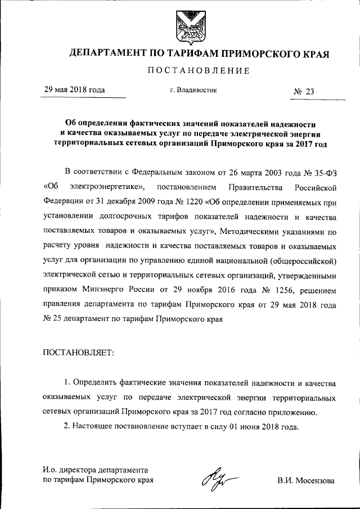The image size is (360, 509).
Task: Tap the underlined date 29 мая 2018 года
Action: coord(74,89)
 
